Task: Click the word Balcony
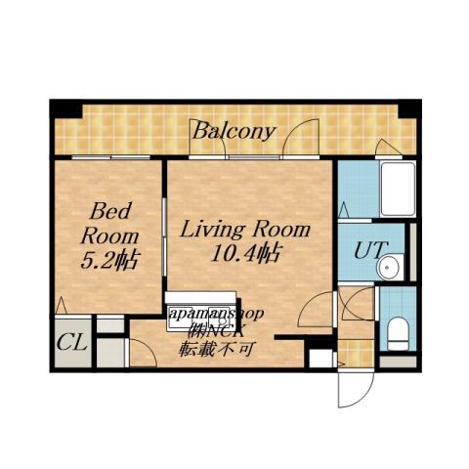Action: (x=233, y=130)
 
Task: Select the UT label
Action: (x=368, y=250)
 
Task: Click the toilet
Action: (x=398, y=332)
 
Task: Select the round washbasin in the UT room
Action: (x=392, y=267)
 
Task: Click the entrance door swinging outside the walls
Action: (x=353, y=388)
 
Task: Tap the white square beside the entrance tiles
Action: (x=320, y=356)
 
